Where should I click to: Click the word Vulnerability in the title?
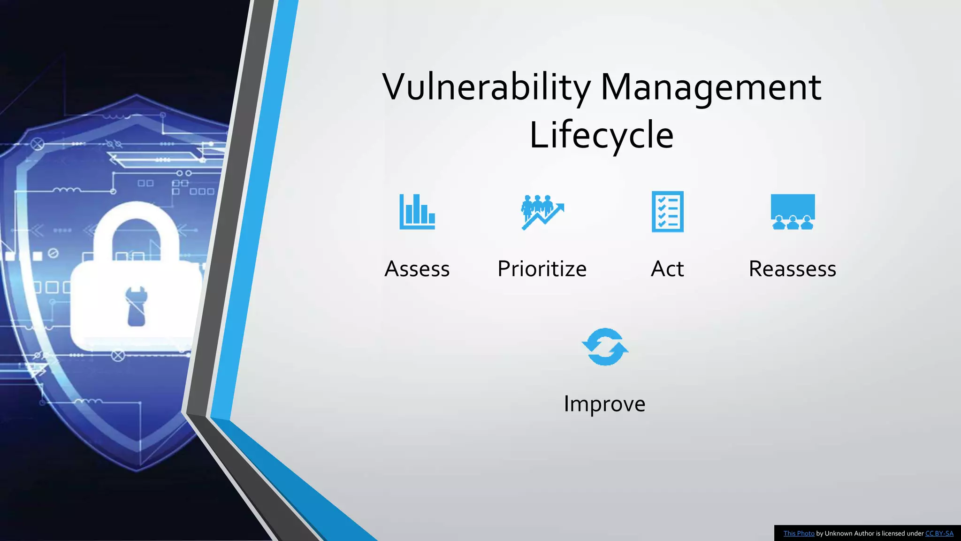click(x=486, y=87)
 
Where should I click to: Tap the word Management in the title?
click(x=710, y=87)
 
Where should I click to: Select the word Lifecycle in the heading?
click(x=602, y=135)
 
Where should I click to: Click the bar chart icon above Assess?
click(x=417, y=212)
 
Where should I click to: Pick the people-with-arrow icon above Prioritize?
click(x=542, y=212)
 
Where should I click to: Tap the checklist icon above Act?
click(x=667, y=212)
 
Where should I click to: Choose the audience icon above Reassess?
click(x=793, y=212)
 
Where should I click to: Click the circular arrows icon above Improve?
click(x=605, y=347)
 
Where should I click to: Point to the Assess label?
click(x=417, y=269)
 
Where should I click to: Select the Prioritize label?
click(x=542, y=269)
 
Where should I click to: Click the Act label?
click(x=667, y=269)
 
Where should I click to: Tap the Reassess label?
click(x=793, y=269)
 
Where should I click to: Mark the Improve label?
click(x=605, y=404)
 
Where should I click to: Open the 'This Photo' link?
click(x=799, y=533)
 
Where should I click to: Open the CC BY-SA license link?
click(x=939, y=533)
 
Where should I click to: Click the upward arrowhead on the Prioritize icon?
click(x=560, y=207)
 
